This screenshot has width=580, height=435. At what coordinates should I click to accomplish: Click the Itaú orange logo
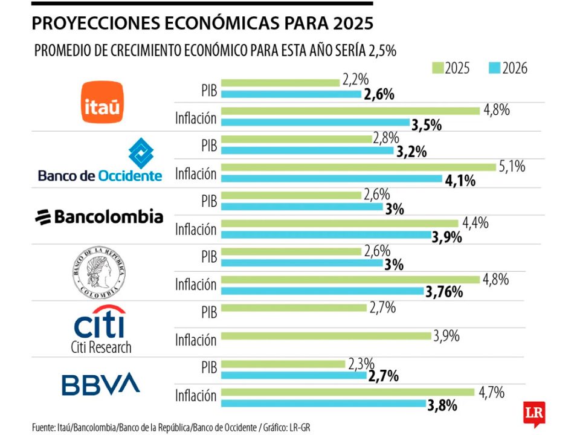click(102, 102)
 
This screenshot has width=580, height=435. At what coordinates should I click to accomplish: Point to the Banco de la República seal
click(101, 272)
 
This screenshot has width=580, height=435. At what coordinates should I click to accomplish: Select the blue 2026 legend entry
click(507, 68)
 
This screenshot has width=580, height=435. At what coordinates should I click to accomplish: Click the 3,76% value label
click(444, 292)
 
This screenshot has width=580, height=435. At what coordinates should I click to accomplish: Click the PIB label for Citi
click(208, 312)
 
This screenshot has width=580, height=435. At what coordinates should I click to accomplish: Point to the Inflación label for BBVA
click(196, 396)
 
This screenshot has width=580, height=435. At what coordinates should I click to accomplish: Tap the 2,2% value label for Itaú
click(355, 79)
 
